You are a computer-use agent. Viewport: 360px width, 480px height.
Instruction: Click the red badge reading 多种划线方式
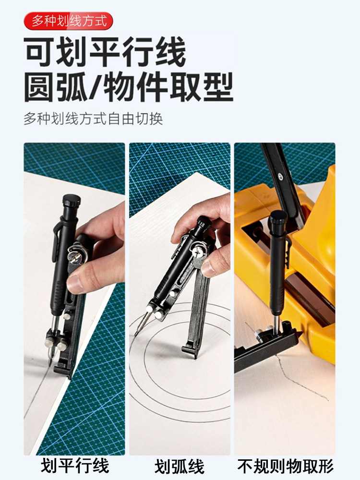click(x=68, y=21)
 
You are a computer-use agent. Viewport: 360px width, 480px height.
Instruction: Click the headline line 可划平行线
click(x=105, y=51)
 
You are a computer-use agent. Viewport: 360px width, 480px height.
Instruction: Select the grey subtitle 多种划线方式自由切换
click(x=93, y=119)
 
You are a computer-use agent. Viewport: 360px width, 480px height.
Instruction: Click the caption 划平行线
click(x=75, y=466)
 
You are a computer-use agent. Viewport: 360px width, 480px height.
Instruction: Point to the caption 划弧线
click(x=180, y=466)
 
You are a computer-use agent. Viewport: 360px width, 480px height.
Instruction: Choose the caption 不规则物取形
click(x=285, y=466)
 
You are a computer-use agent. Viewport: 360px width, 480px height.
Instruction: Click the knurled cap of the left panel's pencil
click(x=72, y=201)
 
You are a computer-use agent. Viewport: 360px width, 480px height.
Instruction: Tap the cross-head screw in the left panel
click(x=75, y=253)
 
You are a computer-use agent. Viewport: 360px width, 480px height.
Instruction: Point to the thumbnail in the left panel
click(x=75, y=284)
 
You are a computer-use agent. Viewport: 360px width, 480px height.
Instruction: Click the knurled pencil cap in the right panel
click(x=278, y=217)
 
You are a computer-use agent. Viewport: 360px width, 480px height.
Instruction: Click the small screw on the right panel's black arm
click(x=280, y=176)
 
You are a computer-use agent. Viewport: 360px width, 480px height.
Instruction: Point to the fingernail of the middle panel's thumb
click(x=208, y=269)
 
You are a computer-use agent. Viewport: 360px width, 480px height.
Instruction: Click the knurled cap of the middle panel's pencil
click(x=204, y=222)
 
